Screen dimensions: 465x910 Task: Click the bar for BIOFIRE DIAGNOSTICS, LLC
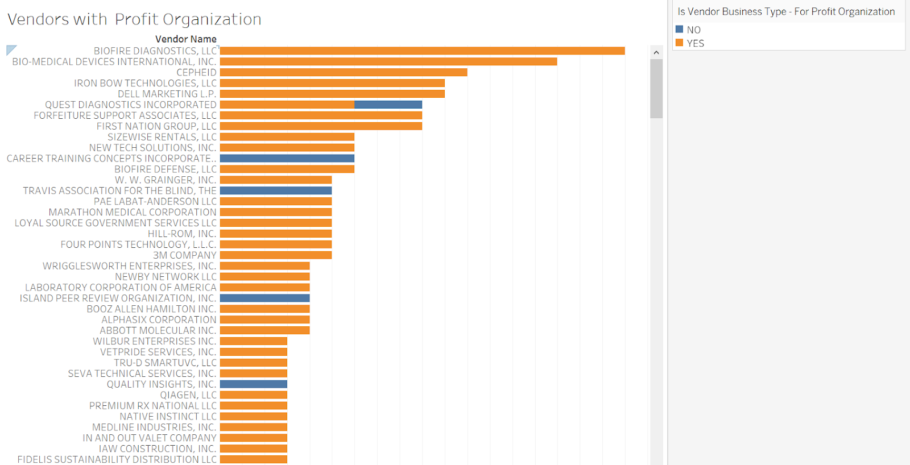tap(422, 51)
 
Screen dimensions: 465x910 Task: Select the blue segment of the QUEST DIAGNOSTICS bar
tap(388, 105)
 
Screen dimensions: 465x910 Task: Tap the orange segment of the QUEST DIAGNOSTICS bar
tap(287, 105)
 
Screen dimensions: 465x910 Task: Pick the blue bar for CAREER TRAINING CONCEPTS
tap(287, 159)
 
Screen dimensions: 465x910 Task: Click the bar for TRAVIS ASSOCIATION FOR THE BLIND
tap(275, 191)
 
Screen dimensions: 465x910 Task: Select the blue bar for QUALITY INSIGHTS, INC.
tap(253, 384)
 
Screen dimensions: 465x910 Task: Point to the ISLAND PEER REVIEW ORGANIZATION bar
tap(264, 298)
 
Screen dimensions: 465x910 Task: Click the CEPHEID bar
tap(343, 73)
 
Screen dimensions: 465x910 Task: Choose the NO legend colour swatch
tap(679, 30)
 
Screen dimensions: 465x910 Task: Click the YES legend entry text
tap(695, 43)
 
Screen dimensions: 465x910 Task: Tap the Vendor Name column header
tap(186, 39)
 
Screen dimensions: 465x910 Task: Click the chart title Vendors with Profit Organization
tap(134, 19)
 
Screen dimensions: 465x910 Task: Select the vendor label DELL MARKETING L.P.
tap(167, 94)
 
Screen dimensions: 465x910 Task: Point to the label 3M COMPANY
tap(184, 255)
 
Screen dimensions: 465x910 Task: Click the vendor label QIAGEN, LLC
tap(188, 395)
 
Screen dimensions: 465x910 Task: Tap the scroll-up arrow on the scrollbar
tap(656, 52)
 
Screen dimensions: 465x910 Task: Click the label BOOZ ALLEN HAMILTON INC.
tap(151, 309)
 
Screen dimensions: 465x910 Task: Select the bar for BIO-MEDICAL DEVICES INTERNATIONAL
tap(388, 62)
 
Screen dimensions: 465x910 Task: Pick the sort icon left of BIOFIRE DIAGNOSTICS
tap(11, 50)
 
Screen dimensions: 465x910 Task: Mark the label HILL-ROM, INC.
tap(182, 234)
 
